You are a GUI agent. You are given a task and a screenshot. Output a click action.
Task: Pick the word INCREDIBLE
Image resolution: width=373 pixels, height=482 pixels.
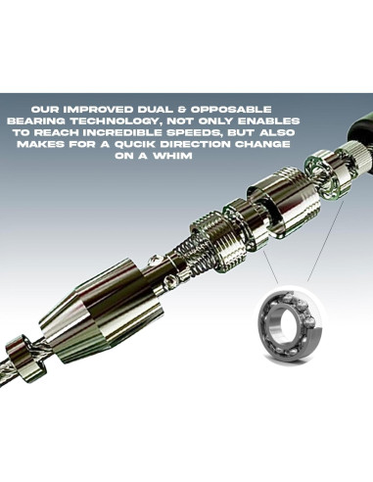point(126,132)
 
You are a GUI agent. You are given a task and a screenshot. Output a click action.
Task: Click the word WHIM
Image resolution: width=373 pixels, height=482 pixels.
point(172,156)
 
